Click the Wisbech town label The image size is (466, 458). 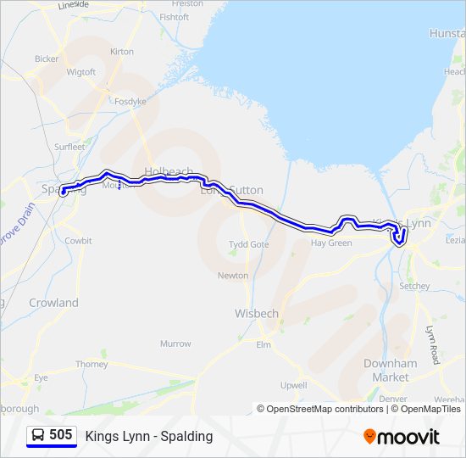coord(256,313)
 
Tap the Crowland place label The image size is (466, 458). coord(53,303)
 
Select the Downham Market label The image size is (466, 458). coord(391,370)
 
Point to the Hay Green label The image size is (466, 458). coord(331,243)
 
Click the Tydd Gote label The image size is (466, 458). coord(249,244)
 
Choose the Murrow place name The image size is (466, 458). coord(175,343)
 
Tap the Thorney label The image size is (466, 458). coord(92,365)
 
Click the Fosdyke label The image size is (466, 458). coord(130,101)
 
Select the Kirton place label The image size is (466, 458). coord(122,52)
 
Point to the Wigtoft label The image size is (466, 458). coord(81,72)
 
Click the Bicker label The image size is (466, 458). coord(47,59)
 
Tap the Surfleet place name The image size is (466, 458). coord(69,147)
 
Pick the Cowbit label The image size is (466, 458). coord(79,241)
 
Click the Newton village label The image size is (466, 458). coord(233,276)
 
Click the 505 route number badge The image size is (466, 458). coord(52,435)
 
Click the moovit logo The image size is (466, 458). coord(402,437)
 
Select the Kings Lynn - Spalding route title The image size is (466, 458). coord(149,437)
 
